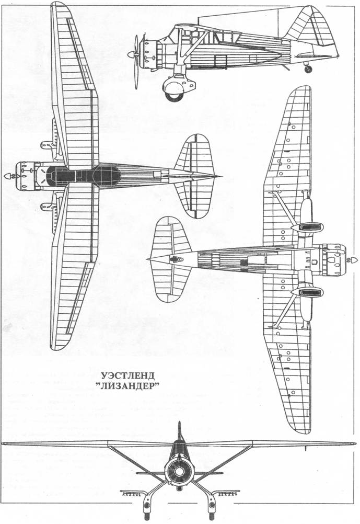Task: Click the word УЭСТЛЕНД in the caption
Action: coord(127,375)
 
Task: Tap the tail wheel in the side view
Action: coord(308,69)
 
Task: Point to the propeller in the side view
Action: coord(136,62)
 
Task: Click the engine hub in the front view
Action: coord(179,471)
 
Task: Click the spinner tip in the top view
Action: coord(6,176)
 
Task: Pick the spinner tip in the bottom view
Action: coord(355,260)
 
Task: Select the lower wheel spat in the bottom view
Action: coord(307,292)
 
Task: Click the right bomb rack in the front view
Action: coord(227,493)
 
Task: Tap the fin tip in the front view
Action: coord(179,423)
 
